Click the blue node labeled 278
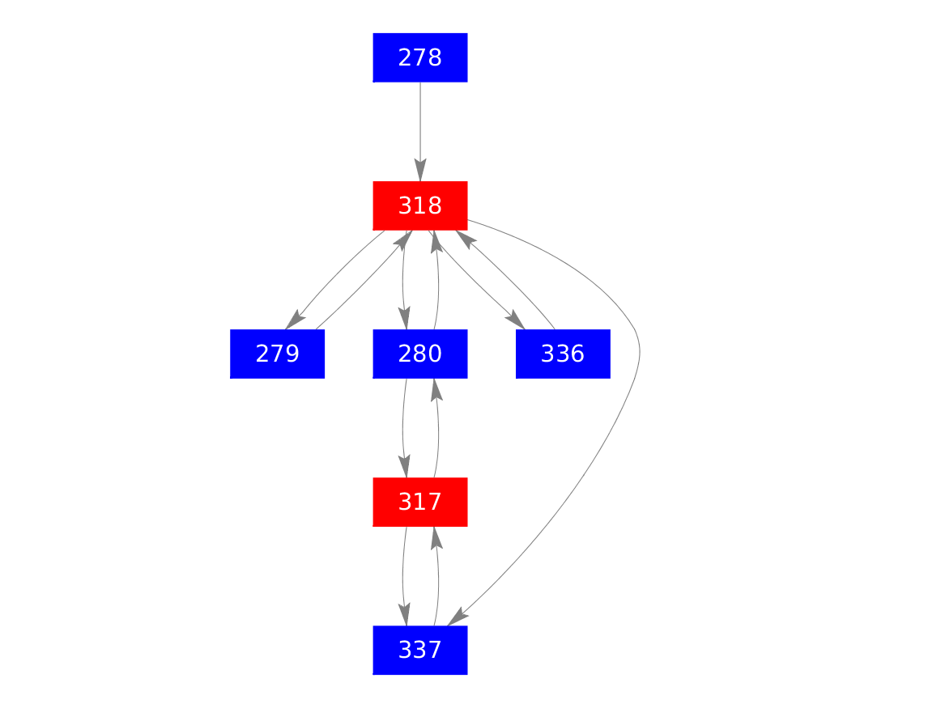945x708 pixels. tap(419, 57)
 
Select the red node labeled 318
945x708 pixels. tap(419, 206)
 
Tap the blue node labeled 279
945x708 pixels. tap(277, 354)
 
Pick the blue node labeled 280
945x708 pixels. tap(419, 354)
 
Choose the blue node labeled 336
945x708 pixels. tap(562, 354)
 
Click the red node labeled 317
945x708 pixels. tap(419, 502)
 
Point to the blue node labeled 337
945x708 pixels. tap(419, 650)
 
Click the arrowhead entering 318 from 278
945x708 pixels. tap(419, 171)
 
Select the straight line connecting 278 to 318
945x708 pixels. tap(419, 121)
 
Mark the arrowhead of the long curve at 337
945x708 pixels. tap(458, 616)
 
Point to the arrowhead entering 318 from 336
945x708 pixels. tap(464, 238)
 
